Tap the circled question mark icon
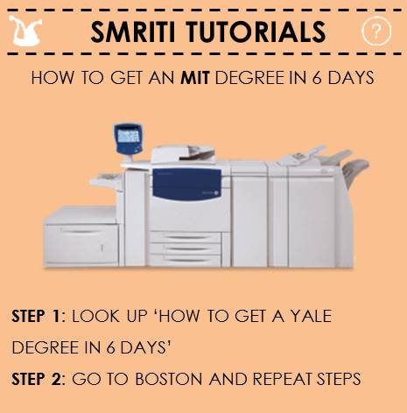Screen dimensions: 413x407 pos(375,31)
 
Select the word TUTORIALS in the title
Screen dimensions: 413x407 pos(263,32)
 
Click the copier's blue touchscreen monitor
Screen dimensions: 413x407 pos(128,136)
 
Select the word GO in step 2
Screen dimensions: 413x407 pos(85,381)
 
